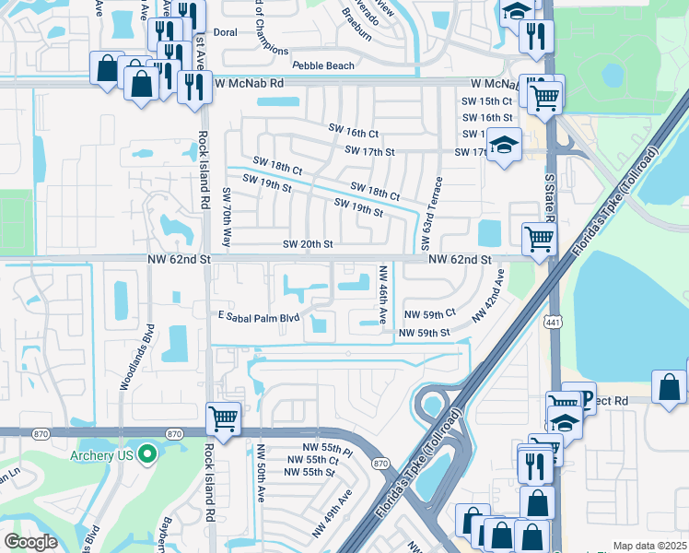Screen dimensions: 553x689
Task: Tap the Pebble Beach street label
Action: click(x=323, y=65)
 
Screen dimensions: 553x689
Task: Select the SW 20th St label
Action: click(x=307, y=244)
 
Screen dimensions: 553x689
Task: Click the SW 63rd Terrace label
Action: click(x=426, y=213)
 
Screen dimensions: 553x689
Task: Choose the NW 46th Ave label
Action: click(x=383, y=294)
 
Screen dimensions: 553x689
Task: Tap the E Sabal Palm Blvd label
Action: click(x=259, y=318)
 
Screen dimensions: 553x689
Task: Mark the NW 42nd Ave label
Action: click(x=487, y=295)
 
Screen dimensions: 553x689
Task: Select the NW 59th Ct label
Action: click(x=430, y=314)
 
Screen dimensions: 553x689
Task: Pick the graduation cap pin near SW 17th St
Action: click(x=503, y=146)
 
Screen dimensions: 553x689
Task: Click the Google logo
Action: click(x=30, y=542)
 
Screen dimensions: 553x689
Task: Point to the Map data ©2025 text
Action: click(x=649, y=546)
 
